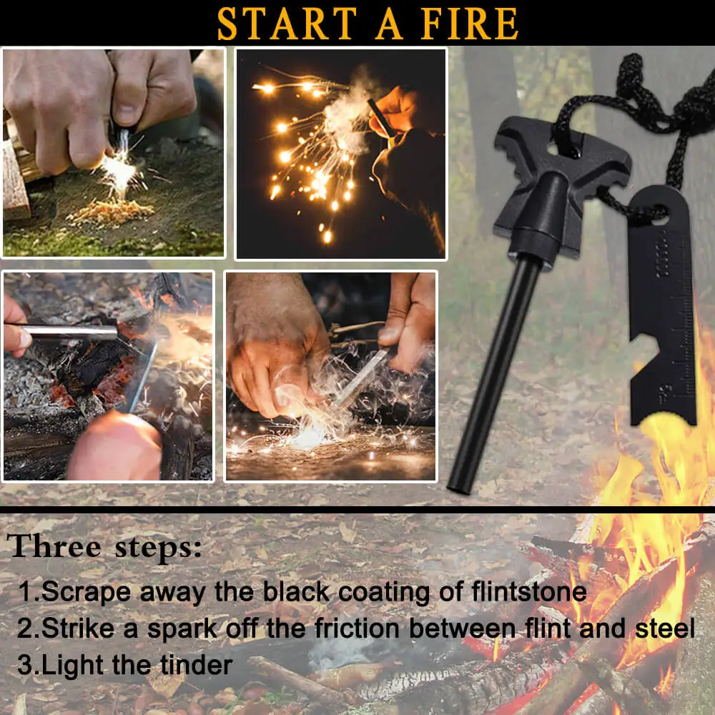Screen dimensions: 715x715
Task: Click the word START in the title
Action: point(287,24)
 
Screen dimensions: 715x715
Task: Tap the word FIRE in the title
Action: point(470,24)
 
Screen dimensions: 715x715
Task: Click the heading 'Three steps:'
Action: point(104,546)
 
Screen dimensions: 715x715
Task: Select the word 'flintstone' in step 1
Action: point(529,591)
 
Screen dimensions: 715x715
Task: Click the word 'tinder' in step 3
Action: point(197,664)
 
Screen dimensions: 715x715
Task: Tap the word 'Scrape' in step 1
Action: point(87,592)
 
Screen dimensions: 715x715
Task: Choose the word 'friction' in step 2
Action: point(357,628)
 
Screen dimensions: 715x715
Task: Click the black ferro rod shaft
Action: point(495,374)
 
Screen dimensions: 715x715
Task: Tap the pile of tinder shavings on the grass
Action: point(111,212)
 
